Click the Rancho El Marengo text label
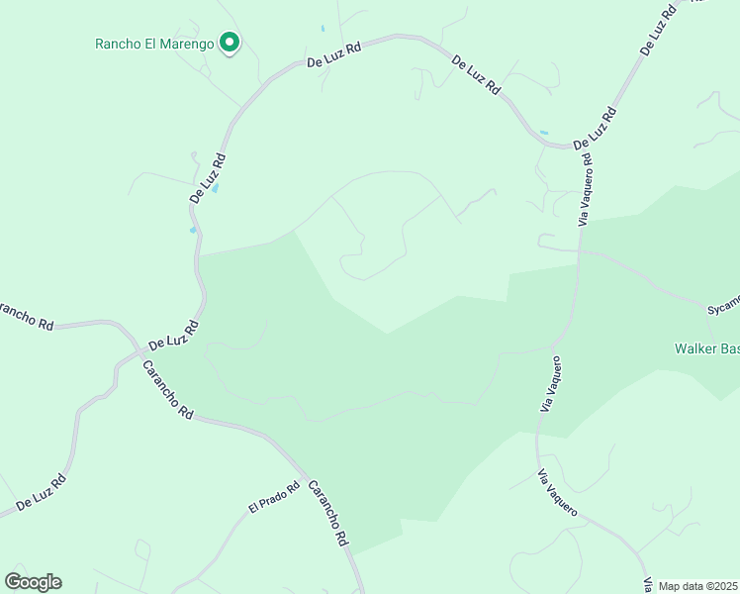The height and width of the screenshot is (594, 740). click(154, 44)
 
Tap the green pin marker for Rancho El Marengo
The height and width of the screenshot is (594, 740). click(231, 43)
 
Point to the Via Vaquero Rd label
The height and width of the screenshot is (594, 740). click(586, 187)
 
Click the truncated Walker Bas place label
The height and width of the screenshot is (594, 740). click(706, 348)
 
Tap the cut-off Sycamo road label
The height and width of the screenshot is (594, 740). click(723, 307)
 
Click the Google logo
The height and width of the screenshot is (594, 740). click(33, 582)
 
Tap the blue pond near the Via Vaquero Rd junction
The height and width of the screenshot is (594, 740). click(543, 132)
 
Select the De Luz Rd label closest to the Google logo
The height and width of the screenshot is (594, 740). click(41, 492)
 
